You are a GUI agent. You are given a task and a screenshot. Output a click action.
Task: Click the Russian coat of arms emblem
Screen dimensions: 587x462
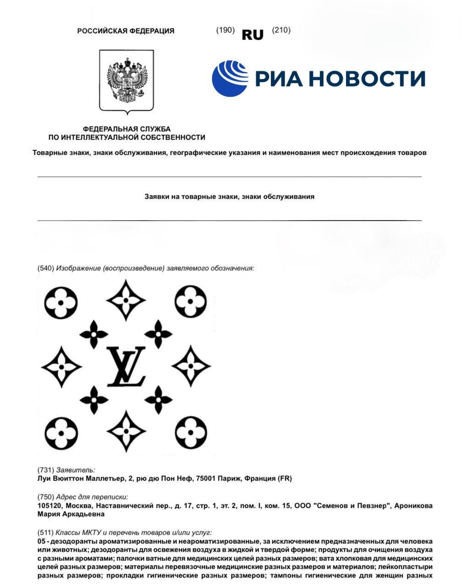(x=126, y=80)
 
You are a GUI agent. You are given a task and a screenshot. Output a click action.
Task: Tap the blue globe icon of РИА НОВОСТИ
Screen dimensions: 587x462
(x=230, y=78)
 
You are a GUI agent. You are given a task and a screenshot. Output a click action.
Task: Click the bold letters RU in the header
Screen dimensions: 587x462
(x=253, y=35)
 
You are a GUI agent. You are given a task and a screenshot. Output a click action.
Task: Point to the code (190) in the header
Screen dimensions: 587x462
(x=225, y=30)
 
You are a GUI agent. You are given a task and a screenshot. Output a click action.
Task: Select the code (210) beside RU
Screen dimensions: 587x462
(x=281, y=30)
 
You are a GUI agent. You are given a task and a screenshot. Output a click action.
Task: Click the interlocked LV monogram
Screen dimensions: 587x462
(x=126, y=366)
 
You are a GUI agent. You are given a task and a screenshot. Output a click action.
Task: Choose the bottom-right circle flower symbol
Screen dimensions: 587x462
(x=191, y=432)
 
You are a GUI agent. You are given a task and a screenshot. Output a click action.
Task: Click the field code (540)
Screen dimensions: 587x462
(x=46, y=268)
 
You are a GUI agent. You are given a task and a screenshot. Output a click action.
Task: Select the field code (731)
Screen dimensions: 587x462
(x=46, y=470)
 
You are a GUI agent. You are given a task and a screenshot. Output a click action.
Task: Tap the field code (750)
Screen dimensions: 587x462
(x=46, y=497)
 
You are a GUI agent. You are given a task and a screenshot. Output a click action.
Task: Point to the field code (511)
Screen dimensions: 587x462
(x=46, y=532)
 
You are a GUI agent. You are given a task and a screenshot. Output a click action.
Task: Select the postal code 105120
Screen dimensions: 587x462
(x=49, y=506)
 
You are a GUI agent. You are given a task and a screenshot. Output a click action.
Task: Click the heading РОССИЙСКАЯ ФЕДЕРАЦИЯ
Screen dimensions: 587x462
(x=126, y=31)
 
